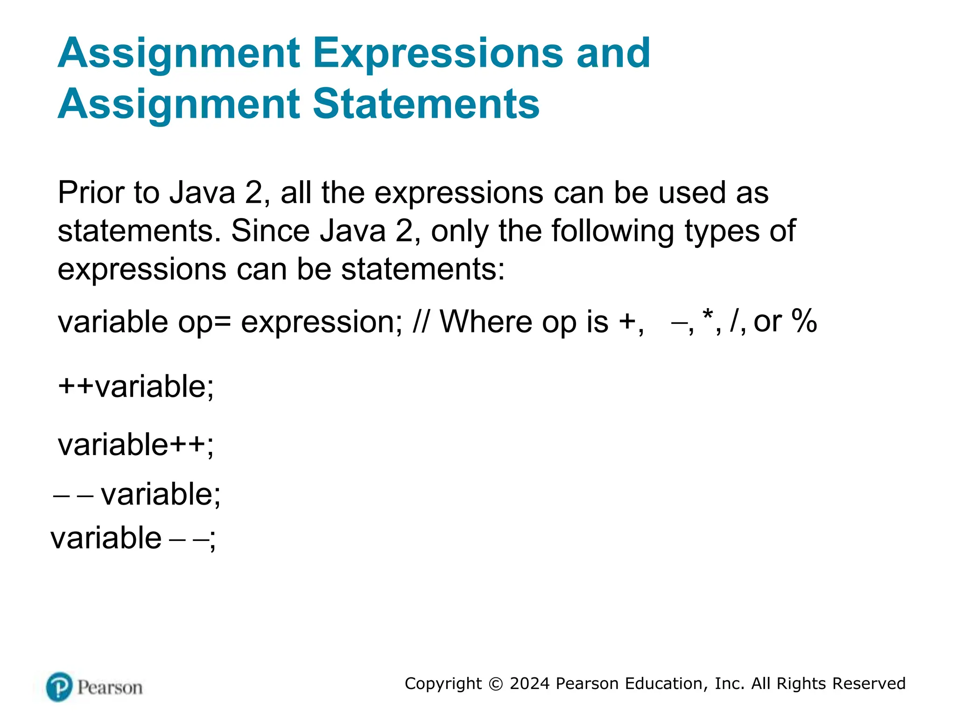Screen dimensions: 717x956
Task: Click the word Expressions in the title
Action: click(438, 54)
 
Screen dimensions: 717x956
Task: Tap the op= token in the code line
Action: click(204, 323)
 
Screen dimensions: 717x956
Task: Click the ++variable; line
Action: click(135, 387)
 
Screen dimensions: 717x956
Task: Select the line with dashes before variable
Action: click(137, 494)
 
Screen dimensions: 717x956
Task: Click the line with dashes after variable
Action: click(133, 538)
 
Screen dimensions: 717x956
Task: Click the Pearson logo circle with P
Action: click(59, 687)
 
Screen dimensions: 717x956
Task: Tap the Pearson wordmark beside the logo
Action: click(110, 688)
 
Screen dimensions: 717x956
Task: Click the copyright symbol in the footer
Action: click(495, 684)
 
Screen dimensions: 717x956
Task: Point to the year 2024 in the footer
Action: click(529, 683)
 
